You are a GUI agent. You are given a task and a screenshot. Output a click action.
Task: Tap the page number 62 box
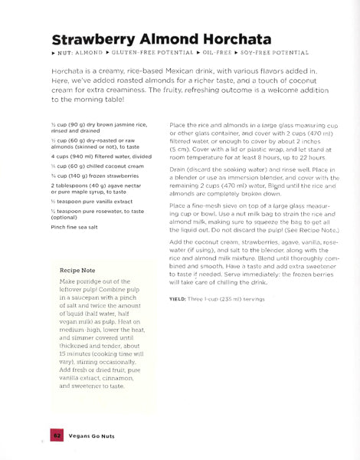57,435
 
